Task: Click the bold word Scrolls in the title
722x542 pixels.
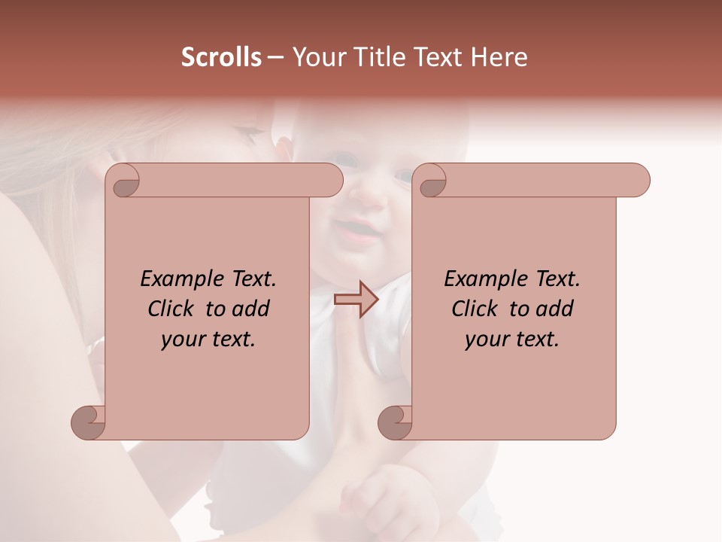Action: click(x=221, y=57)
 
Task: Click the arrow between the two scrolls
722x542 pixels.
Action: click(x=356, y=300)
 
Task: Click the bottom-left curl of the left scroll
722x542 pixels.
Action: click(x=89, y=422)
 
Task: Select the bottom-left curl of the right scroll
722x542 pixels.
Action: click(x=395, y=422)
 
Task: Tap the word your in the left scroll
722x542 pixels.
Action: click(x=181, y=340)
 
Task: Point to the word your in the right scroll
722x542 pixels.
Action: click(x=485, y=340)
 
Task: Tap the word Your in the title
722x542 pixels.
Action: click(x=314, y=57)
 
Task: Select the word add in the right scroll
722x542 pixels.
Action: click(x=554, y=309)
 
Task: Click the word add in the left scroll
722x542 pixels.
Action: click(x=250, y=309)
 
